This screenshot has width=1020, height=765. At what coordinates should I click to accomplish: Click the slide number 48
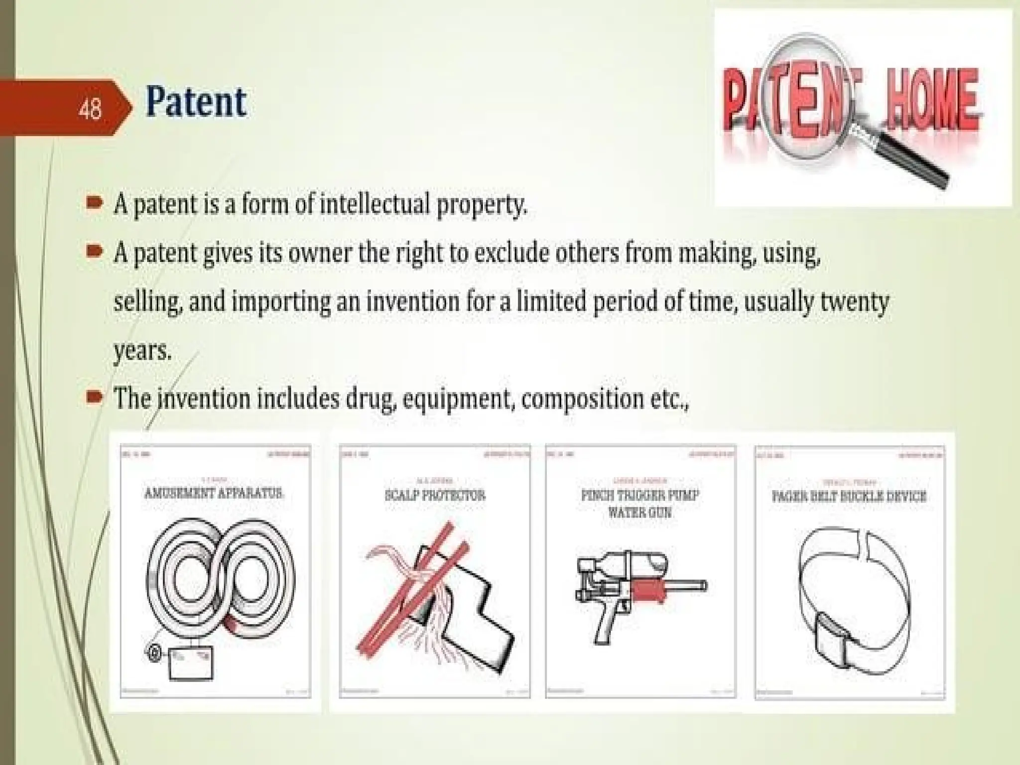90,109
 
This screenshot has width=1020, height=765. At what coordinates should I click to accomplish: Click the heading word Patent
196,103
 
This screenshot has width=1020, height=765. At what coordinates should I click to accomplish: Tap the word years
142,351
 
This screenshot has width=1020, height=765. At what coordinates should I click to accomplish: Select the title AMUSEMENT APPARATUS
215,493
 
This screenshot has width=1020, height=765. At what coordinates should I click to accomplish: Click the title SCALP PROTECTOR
435,495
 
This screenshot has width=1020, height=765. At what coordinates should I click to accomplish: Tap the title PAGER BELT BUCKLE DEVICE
849,496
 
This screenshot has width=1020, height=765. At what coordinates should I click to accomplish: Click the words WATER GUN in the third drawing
640,511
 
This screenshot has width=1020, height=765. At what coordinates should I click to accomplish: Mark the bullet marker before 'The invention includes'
94,397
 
